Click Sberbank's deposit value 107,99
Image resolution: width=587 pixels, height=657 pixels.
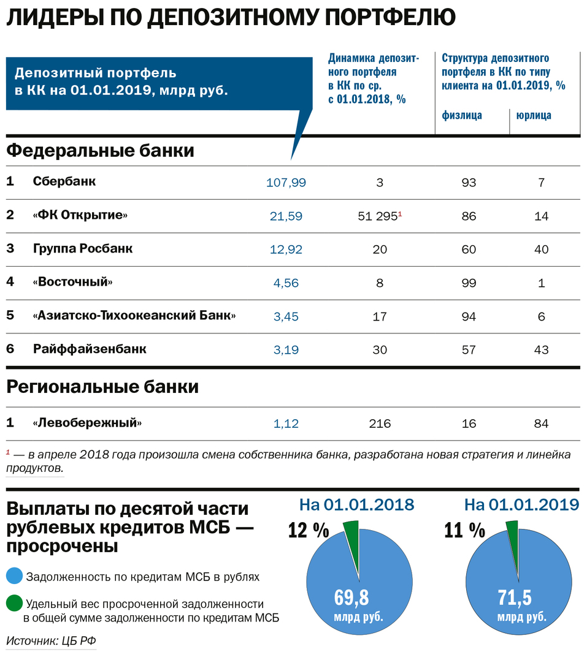[x=286, y=182]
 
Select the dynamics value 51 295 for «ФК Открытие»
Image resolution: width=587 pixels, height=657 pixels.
[x=377, y=216]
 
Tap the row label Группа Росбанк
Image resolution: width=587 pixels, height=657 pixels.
[x=82, y=249]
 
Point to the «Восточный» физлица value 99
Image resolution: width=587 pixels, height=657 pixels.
[x=469, y=283]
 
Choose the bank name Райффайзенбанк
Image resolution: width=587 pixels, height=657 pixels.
[x=90, y=349]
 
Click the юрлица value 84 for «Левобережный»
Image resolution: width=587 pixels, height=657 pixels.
[x=540, y=423]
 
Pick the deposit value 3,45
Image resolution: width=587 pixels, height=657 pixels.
[x=286, y=316]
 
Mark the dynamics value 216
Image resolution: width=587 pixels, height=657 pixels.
[x=380, y=423]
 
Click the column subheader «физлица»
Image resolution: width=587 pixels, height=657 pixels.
[x=462, y=115]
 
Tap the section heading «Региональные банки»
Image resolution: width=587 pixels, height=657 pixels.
[x=102, y=387]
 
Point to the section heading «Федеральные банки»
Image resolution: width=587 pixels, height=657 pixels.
[x=101, y=150]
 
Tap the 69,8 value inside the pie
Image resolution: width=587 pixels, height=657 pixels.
[x=351, y=596]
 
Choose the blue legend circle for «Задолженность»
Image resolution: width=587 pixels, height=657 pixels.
[x=14, y=577]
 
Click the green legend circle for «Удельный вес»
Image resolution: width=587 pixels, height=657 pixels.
[x=14, y=604]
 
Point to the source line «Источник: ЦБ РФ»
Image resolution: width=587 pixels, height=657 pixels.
[x=52, y=641]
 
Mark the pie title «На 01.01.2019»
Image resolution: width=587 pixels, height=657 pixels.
[x=521, y=504]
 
